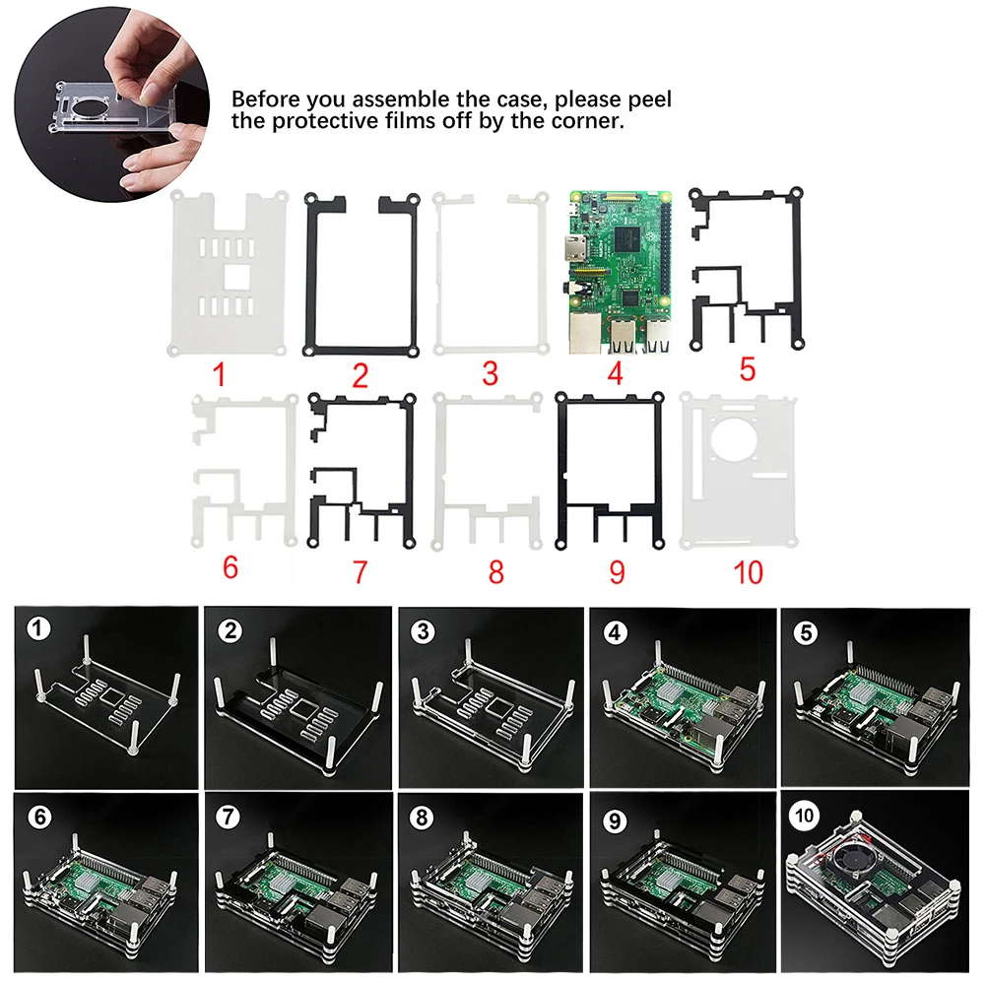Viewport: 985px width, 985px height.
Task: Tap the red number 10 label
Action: (749, 572)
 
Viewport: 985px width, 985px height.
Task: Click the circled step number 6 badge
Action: (37, 817)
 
